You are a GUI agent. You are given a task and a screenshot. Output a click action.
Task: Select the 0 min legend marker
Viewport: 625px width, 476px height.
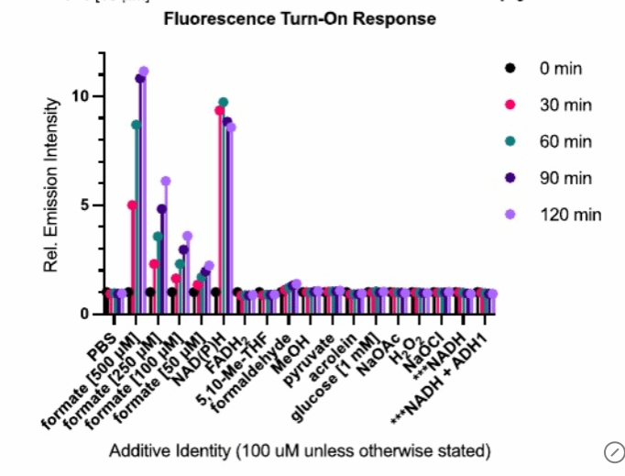pyautogui.click(x=511, y=68)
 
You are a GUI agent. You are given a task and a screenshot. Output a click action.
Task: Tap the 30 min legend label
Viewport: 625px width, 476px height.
pyautogui.click(x=565, y=105)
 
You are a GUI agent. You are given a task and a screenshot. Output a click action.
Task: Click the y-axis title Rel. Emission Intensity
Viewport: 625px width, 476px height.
pyautogui.click(x=54, y=184)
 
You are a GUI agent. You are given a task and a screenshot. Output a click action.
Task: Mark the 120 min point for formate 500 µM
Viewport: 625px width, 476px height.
pyautogui.click(x=144, y=72)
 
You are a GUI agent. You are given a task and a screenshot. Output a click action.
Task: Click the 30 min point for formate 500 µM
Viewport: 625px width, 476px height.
pyautogui.click(x=132, y=205)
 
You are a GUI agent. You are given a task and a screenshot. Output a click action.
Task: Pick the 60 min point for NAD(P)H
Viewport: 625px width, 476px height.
pyautogui.click(x=224, y=102)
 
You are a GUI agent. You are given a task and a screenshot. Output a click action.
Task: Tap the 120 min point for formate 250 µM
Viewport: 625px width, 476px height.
pyautogui.click(x=166, y=181)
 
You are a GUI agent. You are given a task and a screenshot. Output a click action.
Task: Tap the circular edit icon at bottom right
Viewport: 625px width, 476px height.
pyautogui.click(x=614, y=450)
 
